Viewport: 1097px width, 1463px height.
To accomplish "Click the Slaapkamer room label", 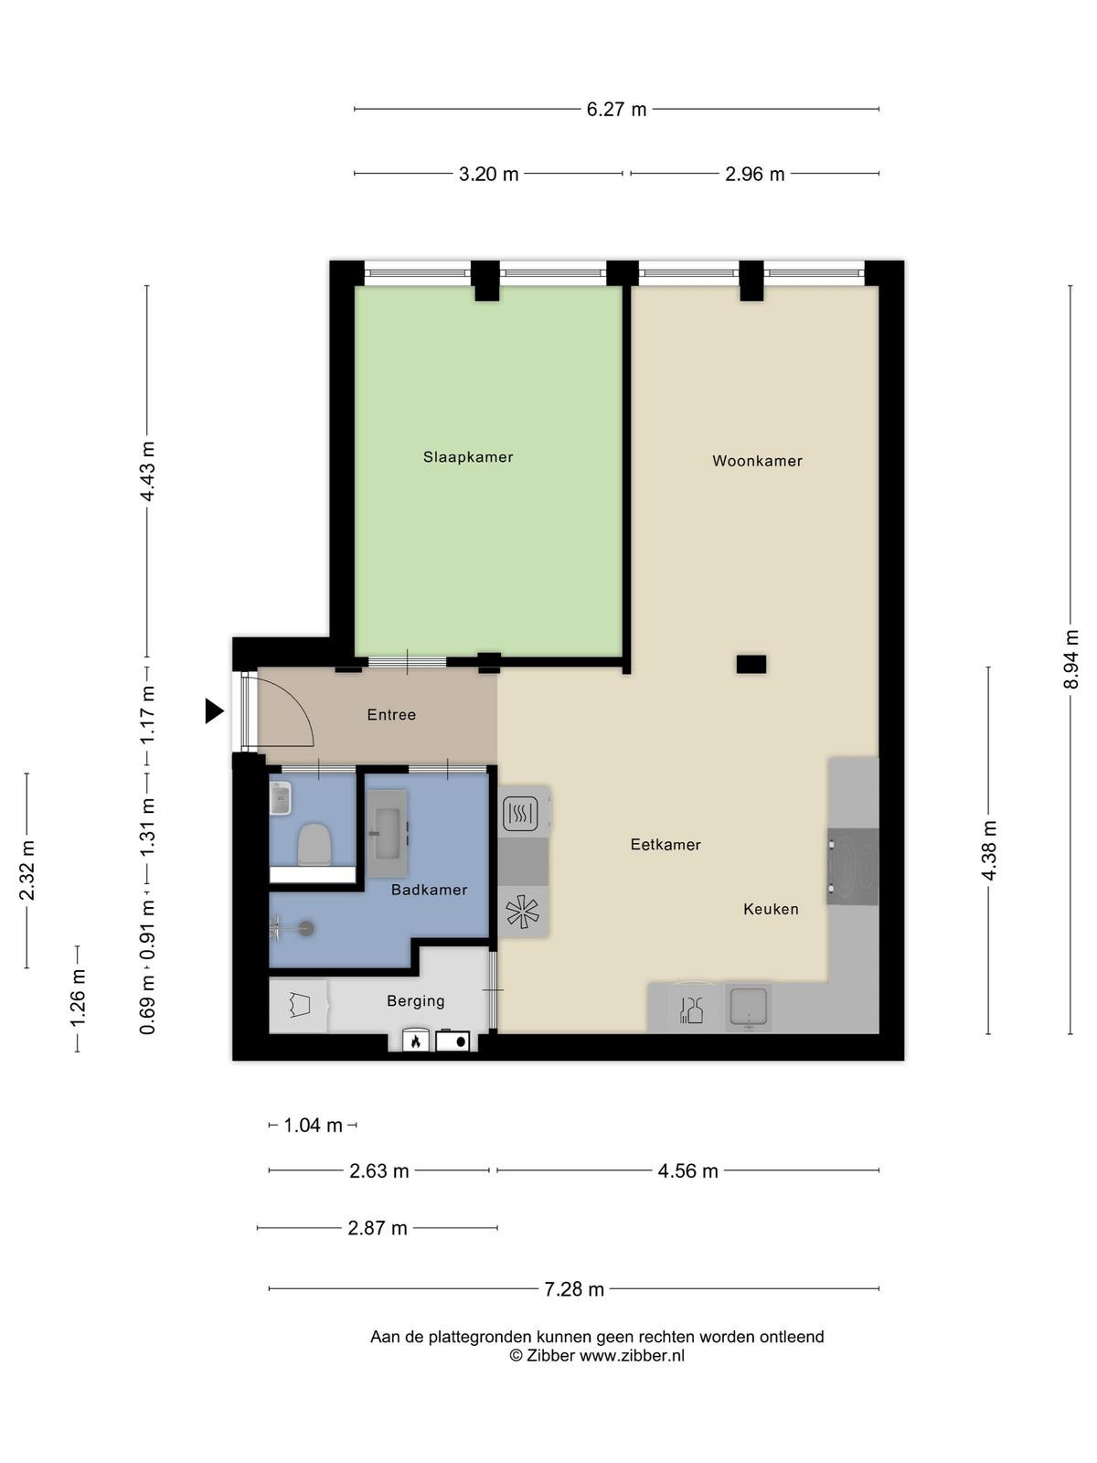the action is tap(467, 457).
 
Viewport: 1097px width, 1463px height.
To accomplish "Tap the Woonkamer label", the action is tap(757, 461).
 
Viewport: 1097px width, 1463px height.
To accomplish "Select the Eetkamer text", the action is tap(666, 845).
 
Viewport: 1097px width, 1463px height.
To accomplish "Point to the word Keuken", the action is tap(771, 909).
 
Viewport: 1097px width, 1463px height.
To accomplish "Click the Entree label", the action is tap(391, 714).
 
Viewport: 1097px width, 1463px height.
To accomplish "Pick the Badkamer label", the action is tap(429, 889).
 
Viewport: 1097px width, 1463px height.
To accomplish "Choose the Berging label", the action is tap(416, 1000).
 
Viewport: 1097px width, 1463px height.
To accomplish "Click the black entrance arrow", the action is tap(214, 711).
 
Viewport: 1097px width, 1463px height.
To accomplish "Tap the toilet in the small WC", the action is tap(314, 845).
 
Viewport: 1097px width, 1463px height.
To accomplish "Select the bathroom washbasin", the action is tap(387, 833).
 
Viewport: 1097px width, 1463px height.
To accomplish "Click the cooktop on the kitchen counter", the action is tap(853, 867).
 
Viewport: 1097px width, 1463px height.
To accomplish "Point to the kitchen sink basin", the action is tap(749, 1007).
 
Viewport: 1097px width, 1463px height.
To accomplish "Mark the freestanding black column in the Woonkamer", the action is tap(751, 664).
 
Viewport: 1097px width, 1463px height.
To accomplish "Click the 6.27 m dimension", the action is tap(616, 109).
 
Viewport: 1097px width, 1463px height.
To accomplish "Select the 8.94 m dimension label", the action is tap(1070, 660).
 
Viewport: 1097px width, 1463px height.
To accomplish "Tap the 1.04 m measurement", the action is tap(313, 1126).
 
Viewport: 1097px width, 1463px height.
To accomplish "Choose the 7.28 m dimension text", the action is tap(573, 1289).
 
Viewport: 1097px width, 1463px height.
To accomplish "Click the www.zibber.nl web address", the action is tap(632, 1356).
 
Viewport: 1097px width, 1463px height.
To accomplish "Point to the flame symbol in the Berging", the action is tap(415, 1041).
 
